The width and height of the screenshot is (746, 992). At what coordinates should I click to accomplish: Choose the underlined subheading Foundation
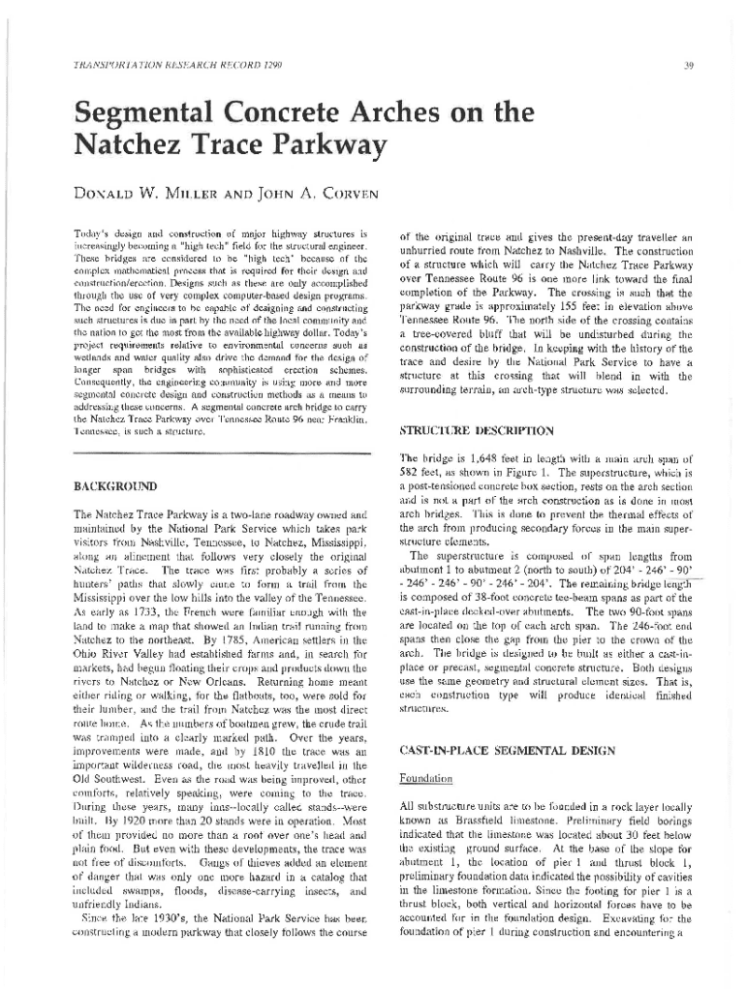point(426,778)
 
